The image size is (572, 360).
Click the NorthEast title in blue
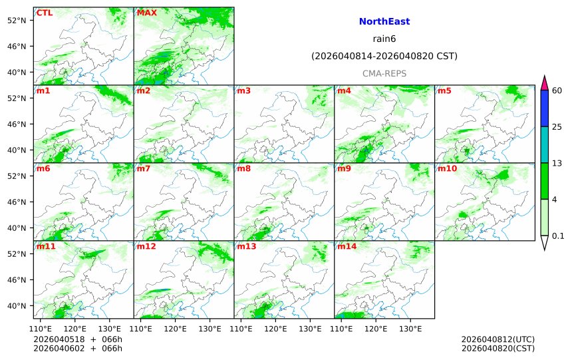pos(384,22)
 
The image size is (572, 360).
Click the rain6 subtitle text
pos(384,39)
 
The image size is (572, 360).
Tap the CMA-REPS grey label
pos(384,73)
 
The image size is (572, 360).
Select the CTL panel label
pos(45,13)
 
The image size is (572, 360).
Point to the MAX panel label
pos(146,13)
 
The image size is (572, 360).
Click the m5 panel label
pos(444,90)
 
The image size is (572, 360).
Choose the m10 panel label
pos(447,168)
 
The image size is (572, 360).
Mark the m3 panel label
pos(244,90)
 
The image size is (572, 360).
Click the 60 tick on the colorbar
pos(557,90)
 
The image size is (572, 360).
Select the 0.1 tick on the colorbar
pos(558,236)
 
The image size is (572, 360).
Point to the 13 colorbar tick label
pos(557,163)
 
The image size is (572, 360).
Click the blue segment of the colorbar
pos(544,108)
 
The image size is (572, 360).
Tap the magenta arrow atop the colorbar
pos(544,83)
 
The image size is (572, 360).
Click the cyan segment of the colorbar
pos(544,144)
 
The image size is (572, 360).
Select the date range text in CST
pos(384,57)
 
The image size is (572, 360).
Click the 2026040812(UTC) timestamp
pos(498,339)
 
